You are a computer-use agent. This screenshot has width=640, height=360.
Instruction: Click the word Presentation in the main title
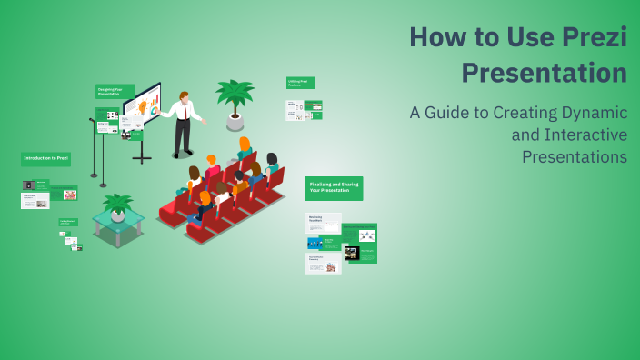(545, 72)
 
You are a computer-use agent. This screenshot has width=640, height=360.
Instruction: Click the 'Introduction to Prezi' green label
(45, 159)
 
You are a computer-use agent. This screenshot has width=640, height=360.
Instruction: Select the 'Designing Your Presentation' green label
(115, 91)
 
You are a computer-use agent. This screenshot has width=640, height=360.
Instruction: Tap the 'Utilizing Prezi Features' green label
(300, 83)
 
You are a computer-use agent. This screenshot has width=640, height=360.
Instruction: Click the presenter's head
(185, 95)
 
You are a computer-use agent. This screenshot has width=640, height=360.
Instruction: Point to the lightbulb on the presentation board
(143, 106)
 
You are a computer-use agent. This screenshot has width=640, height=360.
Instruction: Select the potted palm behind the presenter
(235, 100)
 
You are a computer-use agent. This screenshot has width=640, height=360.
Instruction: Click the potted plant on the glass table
(117, 206)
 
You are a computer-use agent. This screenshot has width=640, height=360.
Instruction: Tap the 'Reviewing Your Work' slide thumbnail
(323, 223)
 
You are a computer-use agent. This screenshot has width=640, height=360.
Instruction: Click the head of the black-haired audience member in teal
(271, 159)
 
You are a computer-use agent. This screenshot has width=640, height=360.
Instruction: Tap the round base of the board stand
(142, 160)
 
